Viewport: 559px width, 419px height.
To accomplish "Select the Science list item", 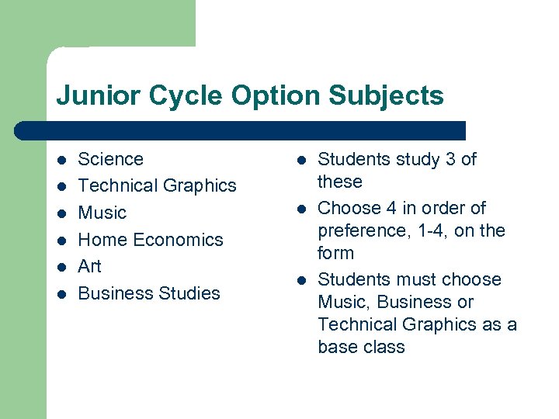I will pyautogui.click(x=111, y=159).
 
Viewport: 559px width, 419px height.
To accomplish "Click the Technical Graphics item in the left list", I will pyautogui.click(x=157, y=186).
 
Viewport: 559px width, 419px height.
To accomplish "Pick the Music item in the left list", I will pyautogui.click(x=102, y=213).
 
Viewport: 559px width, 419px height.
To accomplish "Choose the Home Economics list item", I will pyautogui.click(x=151, y=240).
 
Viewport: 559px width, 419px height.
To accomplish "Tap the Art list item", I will pyautogui.click(x=90, y=266).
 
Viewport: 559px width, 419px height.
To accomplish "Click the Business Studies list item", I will pyautogui.click(x=149, y=293).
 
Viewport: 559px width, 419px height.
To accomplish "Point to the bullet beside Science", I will pyautogui.click(x=61, y=160).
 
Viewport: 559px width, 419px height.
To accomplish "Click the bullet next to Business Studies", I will pyautogui.click(x=61, y=294).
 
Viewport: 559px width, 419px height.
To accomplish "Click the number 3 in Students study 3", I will pyautogui.click(x=450, y=159).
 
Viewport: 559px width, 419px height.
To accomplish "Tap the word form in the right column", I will pyautogui.click(x=335, y=253).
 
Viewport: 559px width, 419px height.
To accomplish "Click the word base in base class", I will pyautogui.click(x=338, y=347).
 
